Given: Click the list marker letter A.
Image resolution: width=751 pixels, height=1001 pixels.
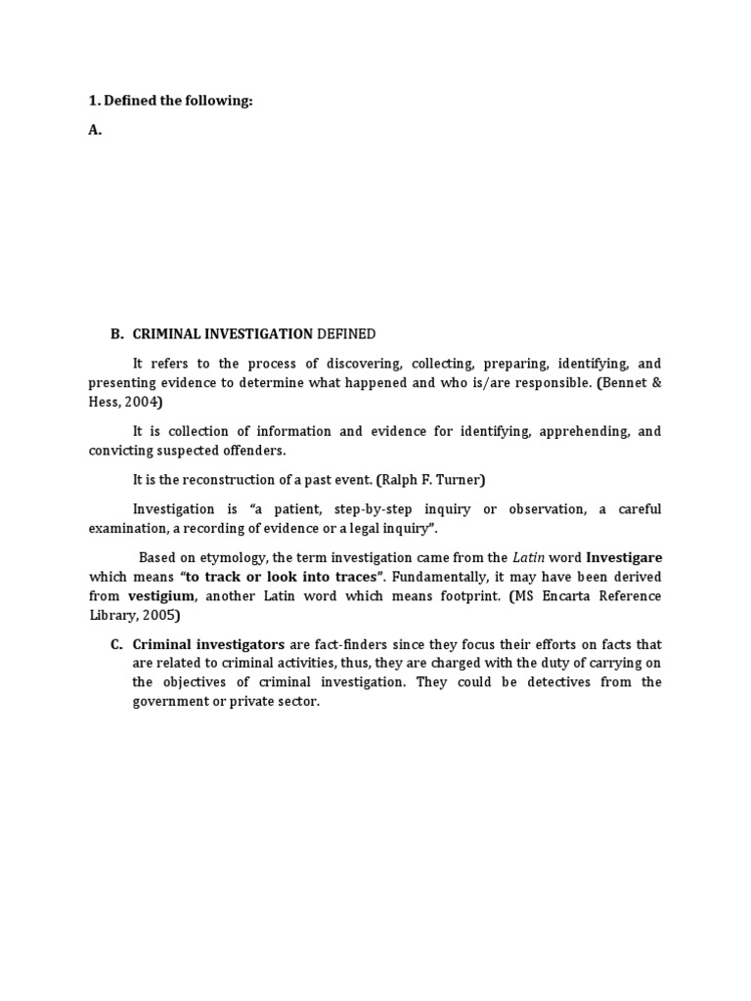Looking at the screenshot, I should (95, 130).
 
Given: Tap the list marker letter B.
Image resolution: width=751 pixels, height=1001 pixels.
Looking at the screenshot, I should (116, 334).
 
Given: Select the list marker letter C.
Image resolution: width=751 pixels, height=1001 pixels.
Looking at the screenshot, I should (116, 644).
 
